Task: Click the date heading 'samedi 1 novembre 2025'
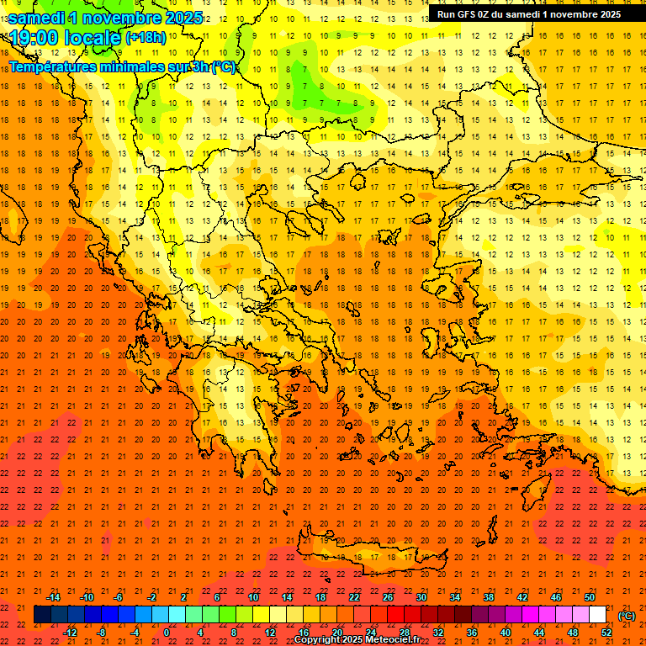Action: tap(105, 18)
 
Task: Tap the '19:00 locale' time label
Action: tap(65, 38)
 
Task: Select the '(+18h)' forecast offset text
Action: tap(146, 38)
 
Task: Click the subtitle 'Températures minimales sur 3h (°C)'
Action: tap(123, 67)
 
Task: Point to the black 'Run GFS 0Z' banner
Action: tap(529, 13)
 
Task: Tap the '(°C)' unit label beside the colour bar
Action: tap(627, 616)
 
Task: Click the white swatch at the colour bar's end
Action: tap(598, 615)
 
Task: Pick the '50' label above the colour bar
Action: tap(590, 597)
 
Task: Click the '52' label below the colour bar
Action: tap(606, 633)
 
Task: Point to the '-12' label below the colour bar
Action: tap(70, 633)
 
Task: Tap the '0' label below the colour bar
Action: tap(167, 633)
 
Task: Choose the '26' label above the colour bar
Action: tap(388, 597)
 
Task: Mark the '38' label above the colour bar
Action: tap(489, 597)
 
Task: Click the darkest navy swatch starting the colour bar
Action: tap(43, 615)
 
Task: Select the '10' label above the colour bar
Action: tap(253, 597)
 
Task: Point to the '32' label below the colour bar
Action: tap(438, 633)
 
